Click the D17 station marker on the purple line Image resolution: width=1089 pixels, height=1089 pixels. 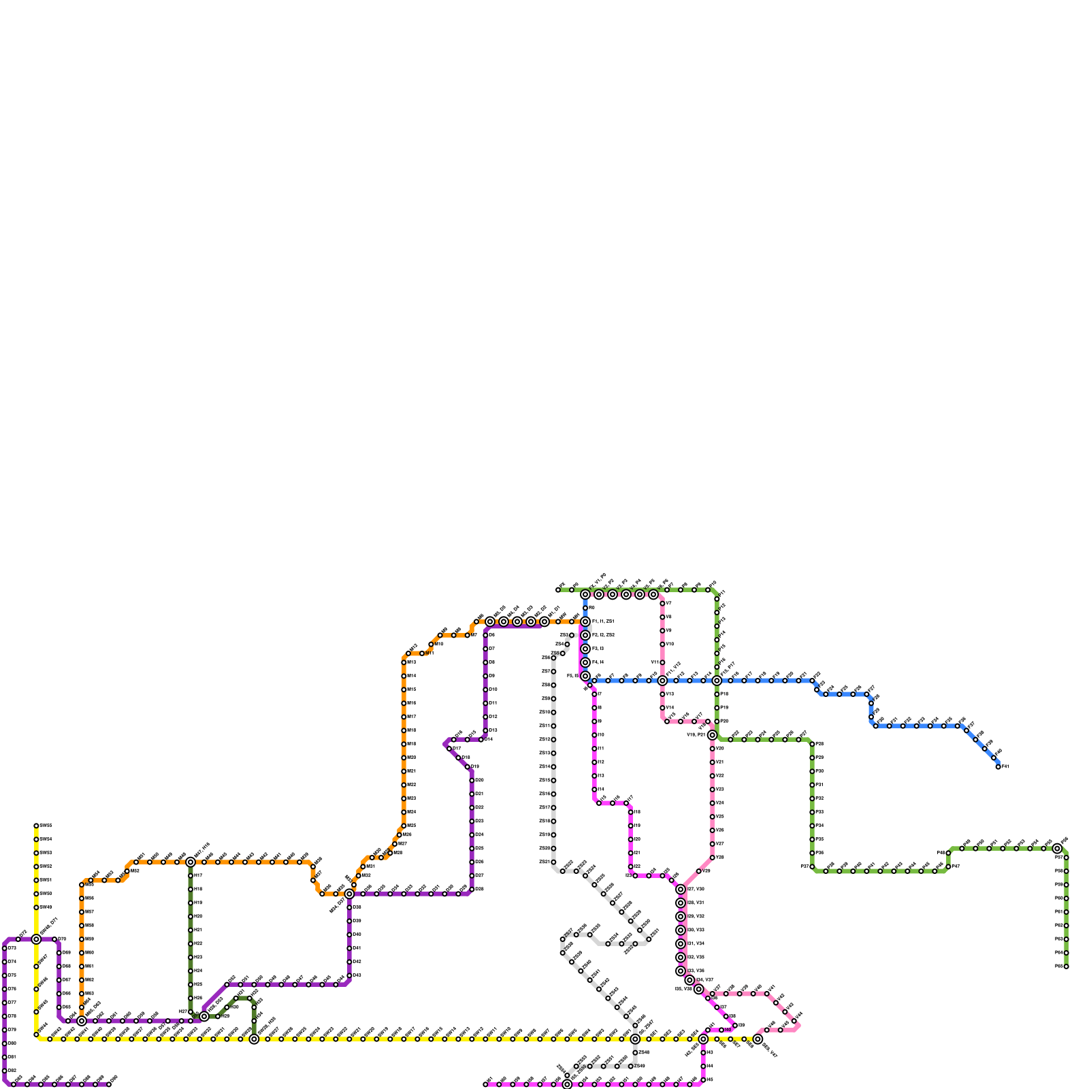[449, 749]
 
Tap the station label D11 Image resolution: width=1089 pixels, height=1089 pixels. [493, 703]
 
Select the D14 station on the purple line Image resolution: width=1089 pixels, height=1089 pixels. [481, 740]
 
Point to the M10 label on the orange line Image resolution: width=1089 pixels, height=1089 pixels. [439, 644]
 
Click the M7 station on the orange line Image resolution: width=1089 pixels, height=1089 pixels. [468, 635]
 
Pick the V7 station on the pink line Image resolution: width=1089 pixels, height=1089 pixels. [662, 604]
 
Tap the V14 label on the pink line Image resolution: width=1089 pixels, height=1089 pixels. [670, 708]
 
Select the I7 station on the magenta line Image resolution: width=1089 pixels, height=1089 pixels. [594, 694]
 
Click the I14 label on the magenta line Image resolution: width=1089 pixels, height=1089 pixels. [601, 790]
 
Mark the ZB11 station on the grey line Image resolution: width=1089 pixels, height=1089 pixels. [553, 726]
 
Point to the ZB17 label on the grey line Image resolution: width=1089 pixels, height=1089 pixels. [544, 808]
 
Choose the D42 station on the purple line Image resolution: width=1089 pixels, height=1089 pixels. [349, 962]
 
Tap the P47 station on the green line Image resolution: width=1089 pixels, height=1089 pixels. [948, 866]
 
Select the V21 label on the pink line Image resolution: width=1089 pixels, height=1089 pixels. [720, 762]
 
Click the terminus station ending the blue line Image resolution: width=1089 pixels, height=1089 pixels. [998, 767]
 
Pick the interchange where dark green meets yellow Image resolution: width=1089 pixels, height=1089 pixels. [254, 1039]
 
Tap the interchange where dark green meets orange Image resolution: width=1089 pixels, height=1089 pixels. [191, 862]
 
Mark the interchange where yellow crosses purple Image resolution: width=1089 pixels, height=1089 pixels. [36, 939]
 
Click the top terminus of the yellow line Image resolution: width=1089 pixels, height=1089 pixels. [36, 826]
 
